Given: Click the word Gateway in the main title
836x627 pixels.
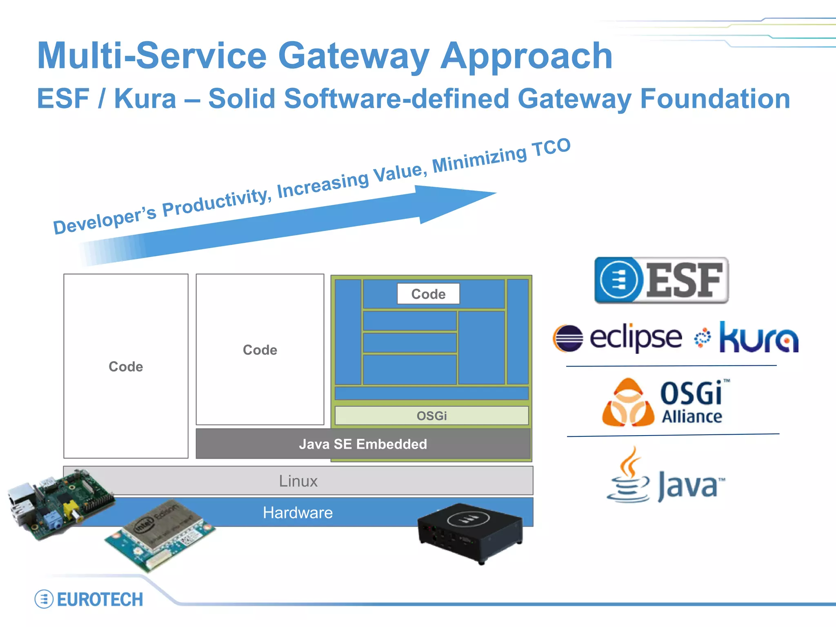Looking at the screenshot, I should coord(353,56).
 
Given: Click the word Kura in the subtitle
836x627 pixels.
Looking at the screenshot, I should coord(145,99).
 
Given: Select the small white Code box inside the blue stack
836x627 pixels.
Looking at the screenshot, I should coord(428,294).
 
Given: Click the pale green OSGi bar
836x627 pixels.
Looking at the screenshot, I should coord(431,416).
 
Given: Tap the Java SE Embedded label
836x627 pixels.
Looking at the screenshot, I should coord(363,444).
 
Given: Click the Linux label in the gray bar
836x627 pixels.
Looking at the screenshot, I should coord(298,481).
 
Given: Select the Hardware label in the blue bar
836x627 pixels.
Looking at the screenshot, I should coord(298,513).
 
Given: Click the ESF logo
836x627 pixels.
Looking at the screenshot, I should coord(661,280).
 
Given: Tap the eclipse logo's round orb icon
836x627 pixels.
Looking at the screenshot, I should coord(568,338).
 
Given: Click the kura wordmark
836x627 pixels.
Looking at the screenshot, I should coord(758,338).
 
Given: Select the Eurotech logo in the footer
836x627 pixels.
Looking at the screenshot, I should coord(89,599).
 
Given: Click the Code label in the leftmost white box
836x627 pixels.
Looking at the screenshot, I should coord(126,367).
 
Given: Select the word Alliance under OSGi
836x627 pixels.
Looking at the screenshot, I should coord(691,417).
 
